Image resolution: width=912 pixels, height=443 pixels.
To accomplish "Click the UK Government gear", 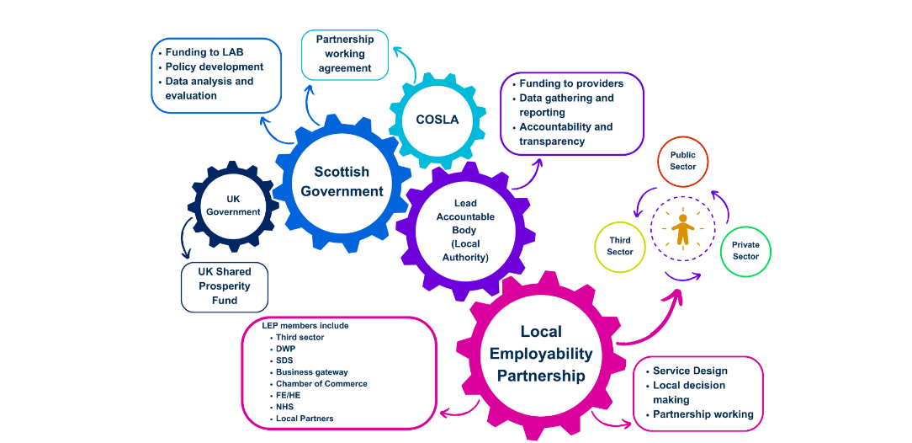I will [x=233, y=205].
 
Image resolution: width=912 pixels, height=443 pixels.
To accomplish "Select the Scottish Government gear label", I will [x=342, y=181].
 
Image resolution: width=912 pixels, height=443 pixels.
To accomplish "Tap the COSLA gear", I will [x=437, y=120].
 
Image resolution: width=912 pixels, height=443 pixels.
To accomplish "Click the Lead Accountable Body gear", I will [x=464, y=230].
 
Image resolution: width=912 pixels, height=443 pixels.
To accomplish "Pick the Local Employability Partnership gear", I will [x=540, y=354].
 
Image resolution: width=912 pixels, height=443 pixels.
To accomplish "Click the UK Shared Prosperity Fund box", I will [x=225, y=286].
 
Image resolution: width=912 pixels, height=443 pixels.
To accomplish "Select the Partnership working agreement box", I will [x=345, y=54].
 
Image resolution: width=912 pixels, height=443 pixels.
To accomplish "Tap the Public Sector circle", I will [x=682, y=161].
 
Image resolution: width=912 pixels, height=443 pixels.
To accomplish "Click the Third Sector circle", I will [x=620, y=246].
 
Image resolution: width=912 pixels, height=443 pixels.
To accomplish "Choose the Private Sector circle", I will [x=745, y=251].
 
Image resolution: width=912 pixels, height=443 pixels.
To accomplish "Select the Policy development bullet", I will [x=214, y=67].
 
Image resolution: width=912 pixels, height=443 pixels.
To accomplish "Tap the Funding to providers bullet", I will [x=571, y=83].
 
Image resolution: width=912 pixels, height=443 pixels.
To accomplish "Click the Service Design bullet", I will [x=690, y=371].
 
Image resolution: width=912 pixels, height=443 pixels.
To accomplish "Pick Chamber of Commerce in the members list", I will [x=321, y=384].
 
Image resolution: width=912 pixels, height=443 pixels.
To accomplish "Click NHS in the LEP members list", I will [x=284, y=407].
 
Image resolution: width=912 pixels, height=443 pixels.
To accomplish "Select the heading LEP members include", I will [x=305, y=326].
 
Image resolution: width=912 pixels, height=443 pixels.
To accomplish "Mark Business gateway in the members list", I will [x=311, y=372].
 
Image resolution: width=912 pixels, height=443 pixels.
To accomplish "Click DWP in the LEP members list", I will [x=286, y=349].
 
